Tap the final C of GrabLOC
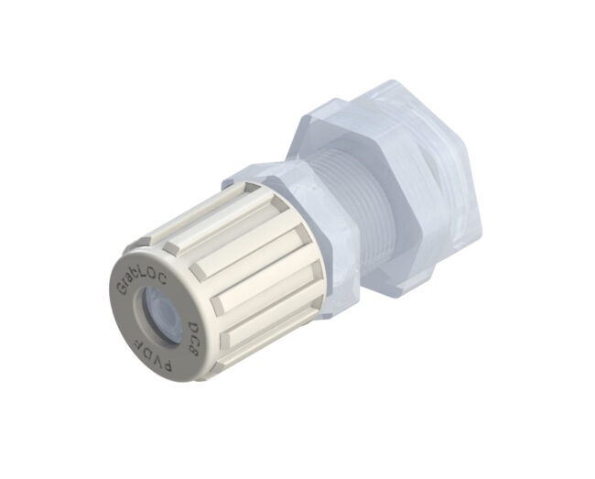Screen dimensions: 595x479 pos(162,279)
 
